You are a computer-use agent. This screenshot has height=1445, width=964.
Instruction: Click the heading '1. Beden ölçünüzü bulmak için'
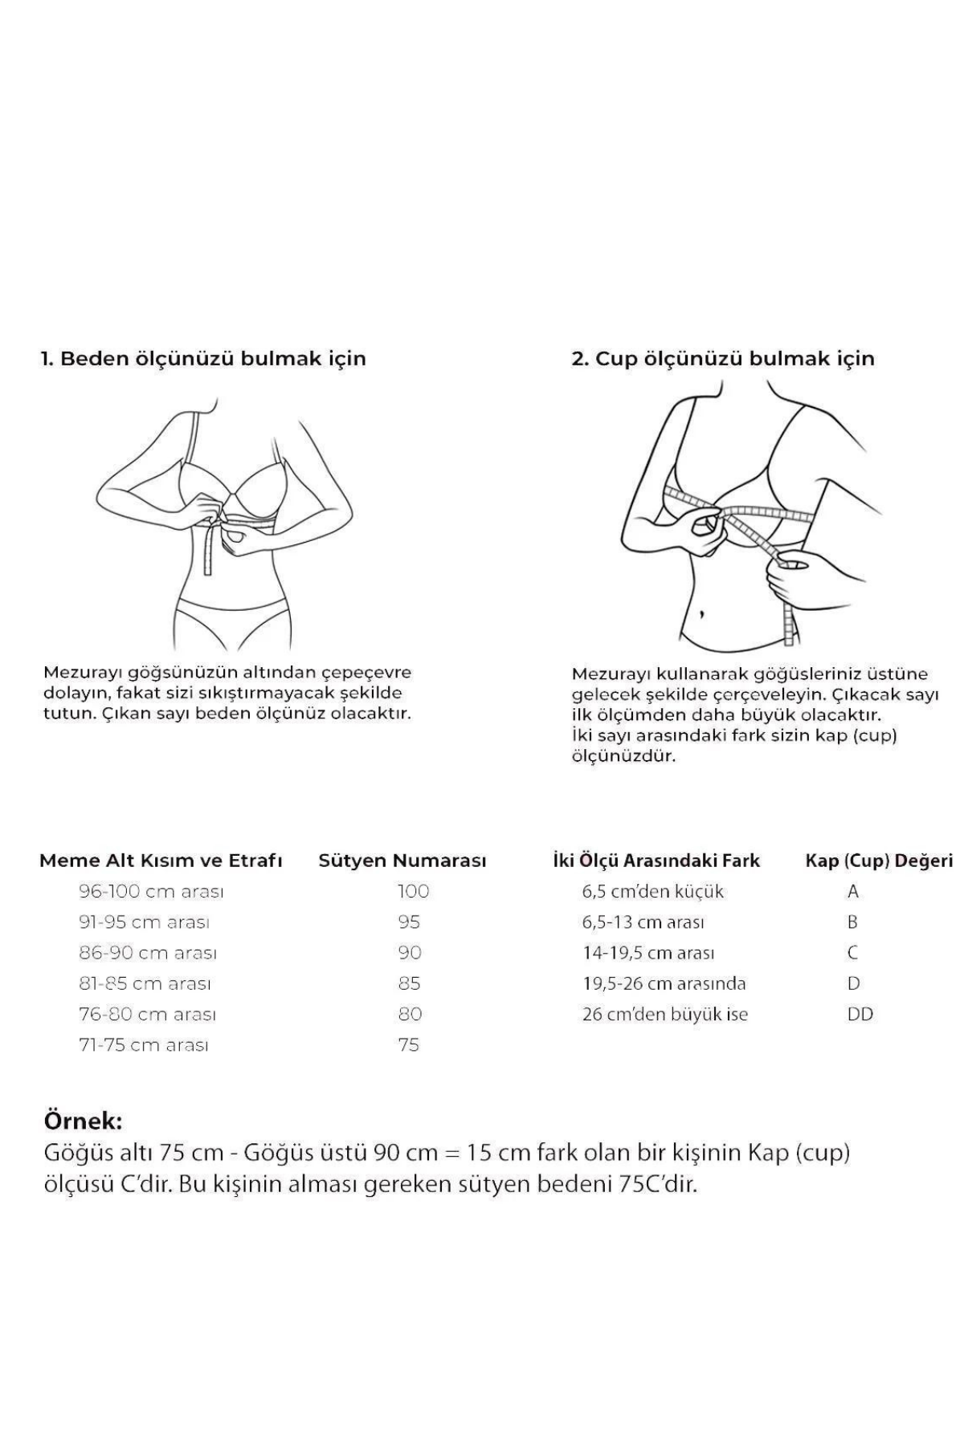click(x=204, y=358)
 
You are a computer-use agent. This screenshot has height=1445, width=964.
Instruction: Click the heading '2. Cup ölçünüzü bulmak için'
click(x=722, y=358)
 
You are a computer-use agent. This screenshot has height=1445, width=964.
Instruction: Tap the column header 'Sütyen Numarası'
click(x=402, y=861)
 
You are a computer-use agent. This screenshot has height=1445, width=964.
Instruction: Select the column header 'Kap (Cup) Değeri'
click(x=879, y=861)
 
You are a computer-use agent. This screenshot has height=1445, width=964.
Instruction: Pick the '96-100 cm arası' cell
click(x=151, y=891)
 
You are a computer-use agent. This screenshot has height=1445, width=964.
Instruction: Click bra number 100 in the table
click(x=413, y=891)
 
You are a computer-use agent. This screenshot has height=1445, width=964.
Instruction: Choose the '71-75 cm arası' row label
click(x=144, y=1045)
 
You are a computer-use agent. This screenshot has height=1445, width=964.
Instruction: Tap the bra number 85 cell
click(x=409, y=983)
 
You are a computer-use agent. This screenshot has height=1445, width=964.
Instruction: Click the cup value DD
click(x=860, y=1014)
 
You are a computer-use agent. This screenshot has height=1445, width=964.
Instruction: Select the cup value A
click(x=853, y=891)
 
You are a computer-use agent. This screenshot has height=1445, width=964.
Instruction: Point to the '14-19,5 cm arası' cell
click(x=648, y=953)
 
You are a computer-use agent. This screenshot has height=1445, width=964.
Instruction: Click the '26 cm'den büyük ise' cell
click(x=664, y=1014)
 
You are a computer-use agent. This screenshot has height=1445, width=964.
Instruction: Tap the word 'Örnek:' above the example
click(x=83, y=1121)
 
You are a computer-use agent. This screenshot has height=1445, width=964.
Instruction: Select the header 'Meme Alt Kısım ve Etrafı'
click(x=161, y=861)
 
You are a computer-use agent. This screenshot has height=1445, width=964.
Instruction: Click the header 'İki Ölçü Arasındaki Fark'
click(x=656, y=861)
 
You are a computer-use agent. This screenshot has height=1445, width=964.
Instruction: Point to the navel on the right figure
click(x=701, y=615)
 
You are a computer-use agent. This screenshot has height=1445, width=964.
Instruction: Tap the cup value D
click(x=853, y=983)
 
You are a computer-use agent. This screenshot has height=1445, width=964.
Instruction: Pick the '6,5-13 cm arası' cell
click(x=643, y=922)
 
